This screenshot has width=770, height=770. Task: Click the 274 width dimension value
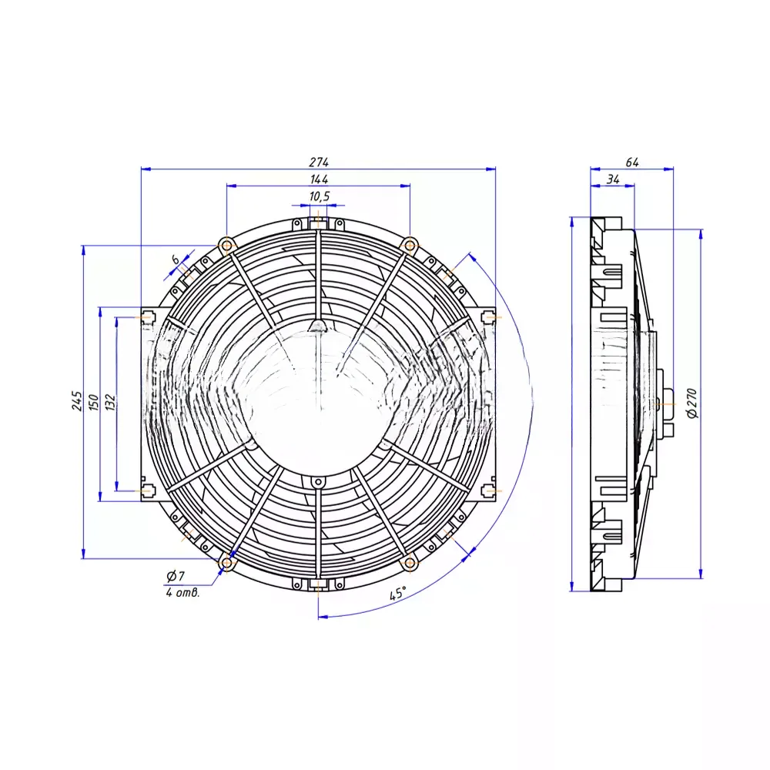(x=319, y=162)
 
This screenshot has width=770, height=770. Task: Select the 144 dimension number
(x=319, y=179)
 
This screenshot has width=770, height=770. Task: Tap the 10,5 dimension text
(x=320, y=197)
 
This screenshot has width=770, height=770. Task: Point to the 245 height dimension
(x=76, y=400)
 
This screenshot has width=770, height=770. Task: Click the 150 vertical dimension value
(x=94, y=402)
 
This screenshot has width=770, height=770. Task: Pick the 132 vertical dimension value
(x=110, y=402)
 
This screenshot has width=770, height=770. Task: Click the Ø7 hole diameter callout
(x=176, y=575)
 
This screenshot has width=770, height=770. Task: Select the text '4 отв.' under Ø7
(x=182, y=593)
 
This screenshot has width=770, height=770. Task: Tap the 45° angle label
(x=398, y=593)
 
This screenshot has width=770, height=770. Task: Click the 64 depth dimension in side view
(x=632, y=162)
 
